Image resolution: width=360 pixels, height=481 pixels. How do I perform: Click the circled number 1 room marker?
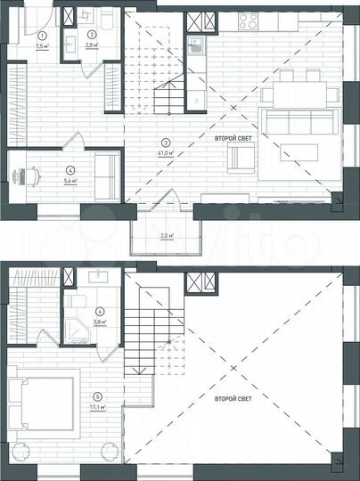[x=41, y=32]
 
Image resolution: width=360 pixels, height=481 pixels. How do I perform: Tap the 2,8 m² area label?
[x=91, y=42]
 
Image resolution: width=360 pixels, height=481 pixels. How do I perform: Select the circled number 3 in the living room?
[x=165, y=143]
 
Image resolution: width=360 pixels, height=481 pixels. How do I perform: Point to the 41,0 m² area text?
[x=165, y=152]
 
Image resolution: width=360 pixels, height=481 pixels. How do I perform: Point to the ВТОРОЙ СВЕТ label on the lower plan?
[x=234, y=399]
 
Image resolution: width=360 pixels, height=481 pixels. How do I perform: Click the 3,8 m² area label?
[x=100, y=322]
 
